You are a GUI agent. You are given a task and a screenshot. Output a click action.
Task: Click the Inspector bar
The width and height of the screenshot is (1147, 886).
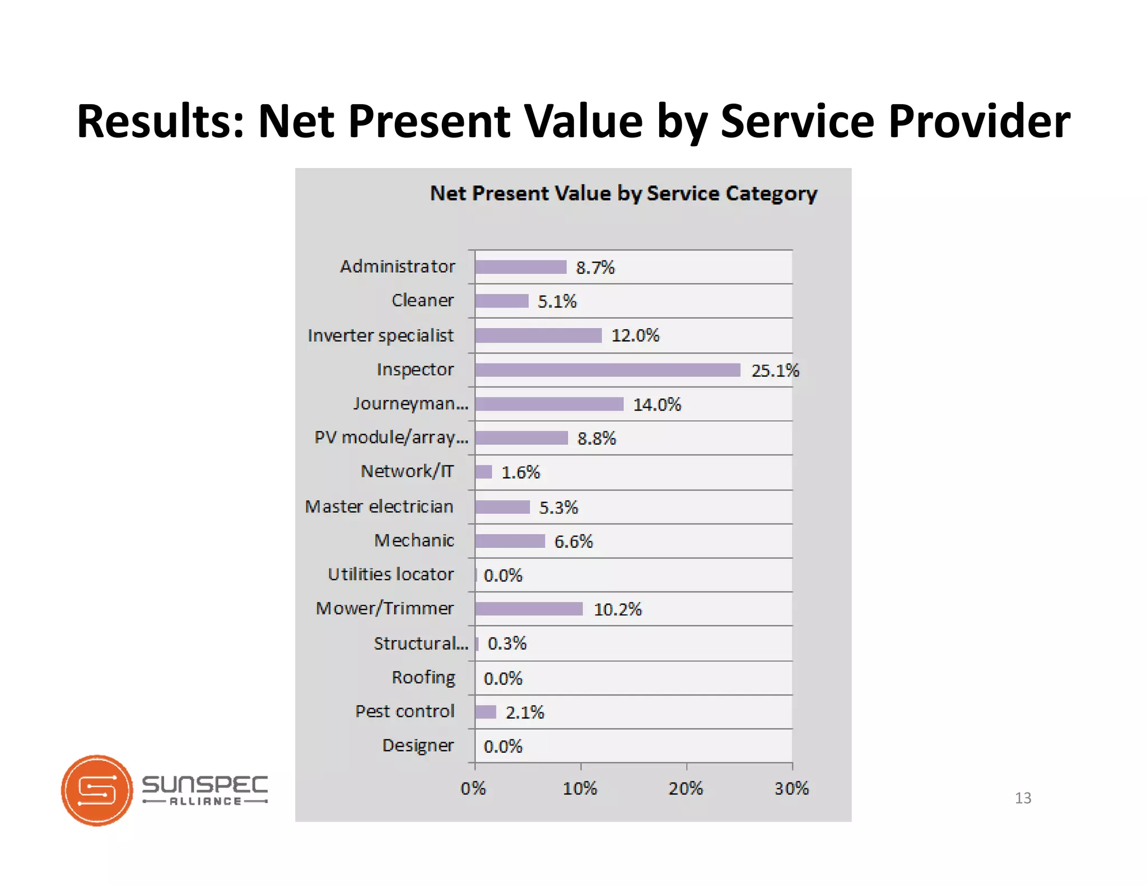(x=608, y=370)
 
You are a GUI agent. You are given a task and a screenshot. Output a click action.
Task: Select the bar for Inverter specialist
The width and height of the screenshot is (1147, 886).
(x=538, y=335)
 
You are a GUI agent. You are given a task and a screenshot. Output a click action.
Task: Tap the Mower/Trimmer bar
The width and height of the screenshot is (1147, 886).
(x=529, y=609)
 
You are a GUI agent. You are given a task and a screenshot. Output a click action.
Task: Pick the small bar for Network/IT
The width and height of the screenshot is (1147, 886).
(x=483, y=472)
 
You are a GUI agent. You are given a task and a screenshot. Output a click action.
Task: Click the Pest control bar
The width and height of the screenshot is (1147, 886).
(x=486, y=712)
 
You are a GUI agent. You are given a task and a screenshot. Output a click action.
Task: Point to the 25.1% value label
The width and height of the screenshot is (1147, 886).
(x=775, y=370)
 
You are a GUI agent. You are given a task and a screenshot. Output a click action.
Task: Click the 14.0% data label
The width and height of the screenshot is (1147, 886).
(x=657, y=404)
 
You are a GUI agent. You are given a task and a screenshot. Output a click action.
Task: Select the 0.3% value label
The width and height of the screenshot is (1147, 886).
(x=507, y=643)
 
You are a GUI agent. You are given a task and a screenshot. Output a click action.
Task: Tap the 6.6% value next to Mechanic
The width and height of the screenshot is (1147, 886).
(x=573, y=542)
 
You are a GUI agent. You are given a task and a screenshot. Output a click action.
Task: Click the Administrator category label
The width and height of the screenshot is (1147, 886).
(x=398, y=267)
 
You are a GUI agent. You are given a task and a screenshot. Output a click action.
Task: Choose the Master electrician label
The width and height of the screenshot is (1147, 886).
(x=379, y=507)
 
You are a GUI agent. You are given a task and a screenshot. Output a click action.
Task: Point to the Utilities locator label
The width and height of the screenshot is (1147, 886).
(x=391, y=575)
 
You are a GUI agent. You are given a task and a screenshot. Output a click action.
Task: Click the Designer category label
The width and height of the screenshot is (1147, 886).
(x=418, y=745)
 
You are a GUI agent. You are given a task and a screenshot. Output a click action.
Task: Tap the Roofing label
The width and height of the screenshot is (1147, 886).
(x=423, y=678)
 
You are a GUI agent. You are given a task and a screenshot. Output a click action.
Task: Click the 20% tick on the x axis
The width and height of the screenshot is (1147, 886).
(x=686, y=789)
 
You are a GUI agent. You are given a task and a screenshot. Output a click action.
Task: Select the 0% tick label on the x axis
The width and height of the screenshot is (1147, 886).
(x=473, y=789)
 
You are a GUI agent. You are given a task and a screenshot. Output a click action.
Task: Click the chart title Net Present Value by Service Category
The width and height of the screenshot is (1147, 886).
(x=623, y=193)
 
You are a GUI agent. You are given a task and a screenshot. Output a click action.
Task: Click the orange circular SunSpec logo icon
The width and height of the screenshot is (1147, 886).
(x=97, y=790)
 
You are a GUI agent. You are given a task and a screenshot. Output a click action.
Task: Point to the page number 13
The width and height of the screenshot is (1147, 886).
(x=1023, y=798)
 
